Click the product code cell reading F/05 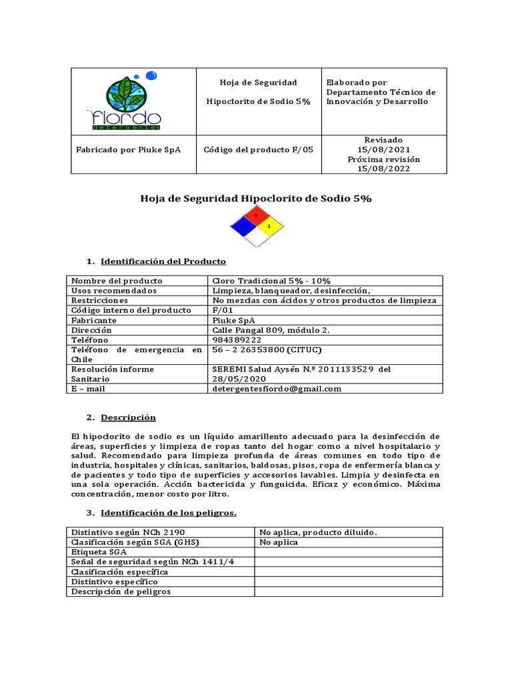click(x=258, y=150)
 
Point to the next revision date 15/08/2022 click(x=383, y=169)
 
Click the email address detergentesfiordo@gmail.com click(x=276, y=388)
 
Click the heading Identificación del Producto click(x=163, y=261)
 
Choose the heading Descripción click(x=128, y=418)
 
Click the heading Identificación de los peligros click(x=168, y=513)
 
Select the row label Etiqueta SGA click(x=99, y=552)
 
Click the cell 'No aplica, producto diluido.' click(x=318, y=532)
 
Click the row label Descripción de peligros click(x=121, y=591)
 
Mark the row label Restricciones click(x=99, y=300)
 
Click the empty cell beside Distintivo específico click(x=348, y=582)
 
